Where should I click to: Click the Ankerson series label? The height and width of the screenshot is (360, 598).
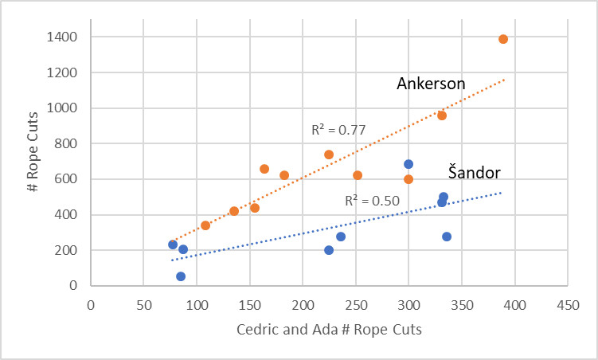tap(431, 84)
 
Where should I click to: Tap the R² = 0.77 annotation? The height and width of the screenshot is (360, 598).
tap(338, 129)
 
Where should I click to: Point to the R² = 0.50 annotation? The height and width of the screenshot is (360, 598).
tap(372, 202)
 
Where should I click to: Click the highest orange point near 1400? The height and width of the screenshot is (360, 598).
tap(503, 39)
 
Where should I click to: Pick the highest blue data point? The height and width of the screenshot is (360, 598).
tap(408, 164)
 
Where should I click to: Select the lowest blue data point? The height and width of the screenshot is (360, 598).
tap(181, 276)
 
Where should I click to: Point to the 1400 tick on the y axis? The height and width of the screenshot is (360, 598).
tap(67, 37)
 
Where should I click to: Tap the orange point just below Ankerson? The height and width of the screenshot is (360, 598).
tap(442, 115)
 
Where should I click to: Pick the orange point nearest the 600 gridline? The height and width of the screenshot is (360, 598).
tap(408, 179)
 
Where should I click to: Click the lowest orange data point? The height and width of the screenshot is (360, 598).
tap(173, 245)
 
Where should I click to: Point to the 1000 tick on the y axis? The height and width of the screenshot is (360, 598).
tap(67, 108)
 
